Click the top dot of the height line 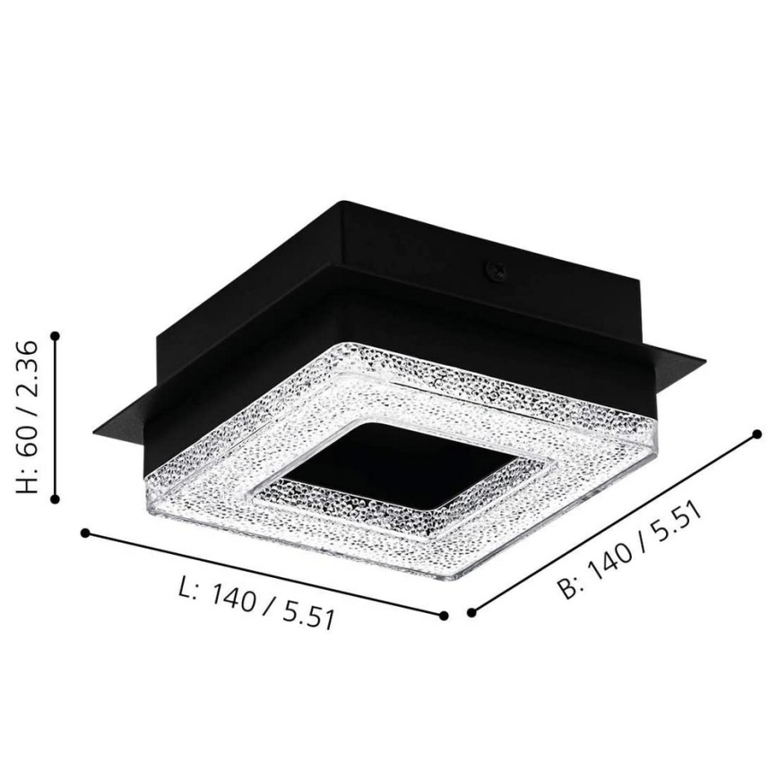tap(56, 335)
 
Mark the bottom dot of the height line tap(56, 498)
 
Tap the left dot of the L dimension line tap(85, 532)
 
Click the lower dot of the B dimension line tap(471, 614)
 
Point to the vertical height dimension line tap(56, 417)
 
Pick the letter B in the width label tap(566, 587)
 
